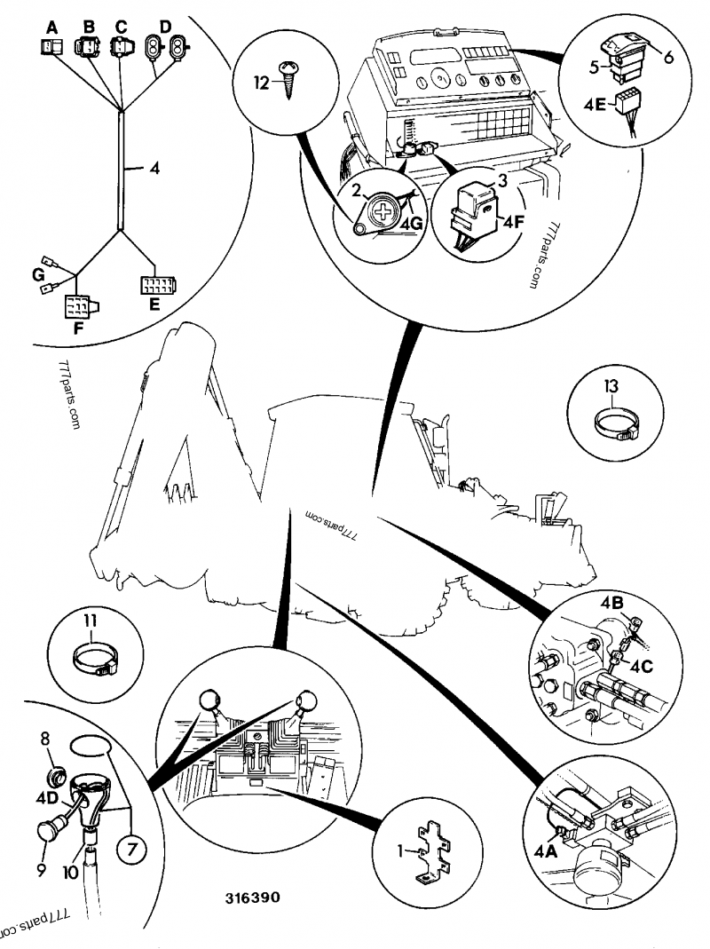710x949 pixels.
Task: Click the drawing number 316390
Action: (x=252, y=898)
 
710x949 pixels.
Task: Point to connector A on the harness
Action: (x=51, y=46)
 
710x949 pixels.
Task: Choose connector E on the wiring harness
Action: (x=158, y=286)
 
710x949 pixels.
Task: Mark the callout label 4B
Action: (x=611, y=604)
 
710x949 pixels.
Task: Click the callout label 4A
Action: (x=546, y=850)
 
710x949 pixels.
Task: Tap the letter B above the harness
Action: (x=88, y=28)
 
